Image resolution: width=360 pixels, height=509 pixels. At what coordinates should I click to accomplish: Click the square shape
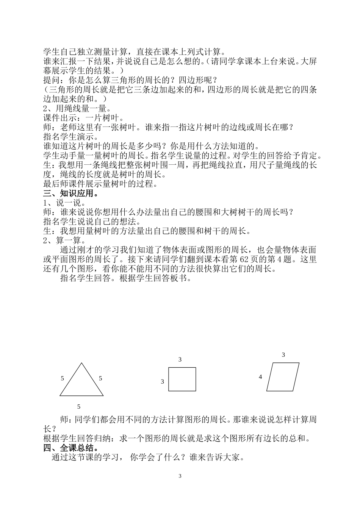(x=182, y=379)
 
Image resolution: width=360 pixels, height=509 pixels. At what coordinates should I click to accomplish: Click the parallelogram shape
(x=283, y=377)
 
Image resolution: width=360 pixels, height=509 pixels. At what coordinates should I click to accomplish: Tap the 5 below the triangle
(x=79, y=407)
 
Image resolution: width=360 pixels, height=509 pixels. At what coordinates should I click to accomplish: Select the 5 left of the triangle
(x=62, y=378)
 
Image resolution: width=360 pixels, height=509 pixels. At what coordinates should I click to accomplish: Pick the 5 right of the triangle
(x=100, y=378)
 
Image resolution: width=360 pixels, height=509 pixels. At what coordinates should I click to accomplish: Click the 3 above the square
(x=180, y=359)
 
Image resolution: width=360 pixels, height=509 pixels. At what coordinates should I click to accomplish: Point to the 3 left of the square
(x=163, y=382)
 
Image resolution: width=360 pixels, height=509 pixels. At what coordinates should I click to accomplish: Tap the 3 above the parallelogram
(x=283, y=355)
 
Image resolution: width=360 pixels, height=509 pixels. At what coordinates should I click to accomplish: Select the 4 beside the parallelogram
(x=260, y=377)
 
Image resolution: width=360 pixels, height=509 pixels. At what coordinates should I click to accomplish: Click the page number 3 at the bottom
(x=180, y=476)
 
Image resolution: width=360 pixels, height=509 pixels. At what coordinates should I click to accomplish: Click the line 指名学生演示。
(x=68, y=137)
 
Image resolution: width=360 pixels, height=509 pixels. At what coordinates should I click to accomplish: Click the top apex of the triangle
(x=81, y=364)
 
